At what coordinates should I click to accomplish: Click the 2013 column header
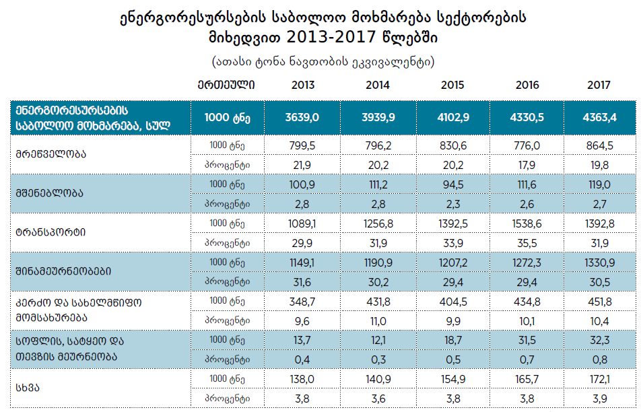click(303, 85)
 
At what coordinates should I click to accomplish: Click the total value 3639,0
click(302, 118)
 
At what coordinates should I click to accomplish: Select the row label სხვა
click(27, 388)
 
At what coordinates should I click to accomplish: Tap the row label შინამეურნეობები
click(63, 271)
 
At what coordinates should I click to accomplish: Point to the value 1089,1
click(302, 222)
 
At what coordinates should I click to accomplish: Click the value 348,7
click(302, 300)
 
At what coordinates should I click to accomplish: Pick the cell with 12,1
click(378, 339)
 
